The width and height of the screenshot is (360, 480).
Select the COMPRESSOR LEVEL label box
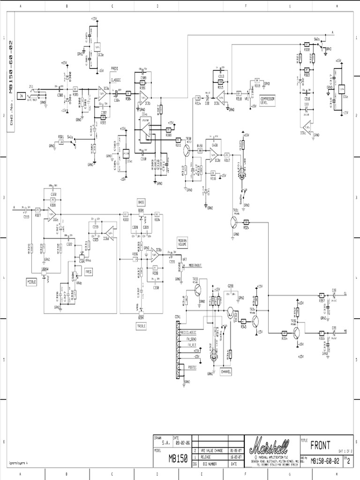coord(268,99)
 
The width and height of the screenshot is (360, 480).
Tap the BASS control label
coord(141,202)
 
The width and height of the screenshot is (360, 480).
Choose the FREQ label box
coord(89,271)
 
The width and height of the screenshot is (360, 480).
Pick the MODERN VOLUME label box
coord(182,242)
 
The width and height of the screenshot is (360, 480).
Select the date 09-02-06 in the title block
coord(183,442)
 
